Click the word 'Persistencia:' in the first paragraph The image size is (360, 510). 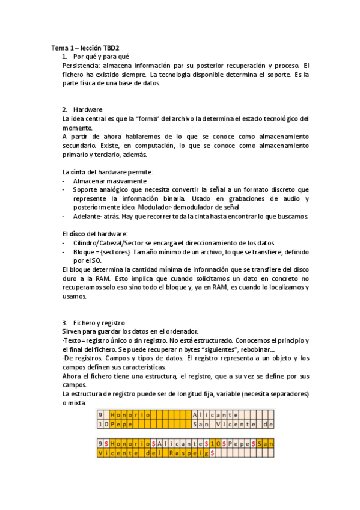click(x=81, y=65)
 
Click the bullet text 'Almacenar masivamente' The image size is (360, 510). click(x=109, y=181)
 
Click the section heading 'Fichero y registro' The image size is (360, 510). click(x=99, y=323)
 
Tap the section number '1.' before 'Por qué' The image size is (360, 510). click(x=66, y=56)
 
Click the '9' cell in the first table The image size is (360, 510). click(x=100, y=415)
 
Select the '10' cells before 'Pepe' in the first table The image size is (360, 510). click(x=103, y=424)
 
